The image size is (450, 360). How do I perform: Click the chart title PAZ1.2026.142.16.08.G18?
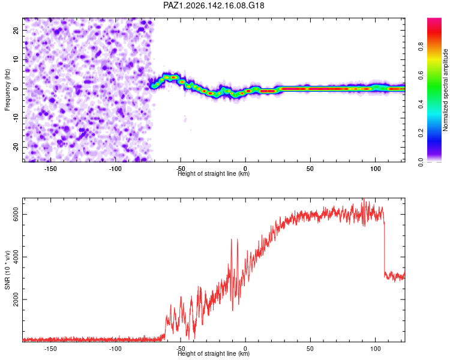[x=214, y=5]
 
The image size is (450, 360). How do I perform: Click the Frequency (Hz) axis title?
[x=7, y=89]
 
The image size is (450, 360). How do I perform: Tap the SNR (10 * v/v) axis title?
[x=7, y=270]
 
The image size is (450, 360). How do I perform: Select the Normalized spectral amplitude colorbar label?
[x=445, y=89]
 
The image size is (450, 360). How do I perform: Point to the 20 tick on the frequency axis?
[x=16, y=30]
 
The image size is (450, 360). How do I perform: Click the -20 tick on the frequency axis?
[x=16, y=147]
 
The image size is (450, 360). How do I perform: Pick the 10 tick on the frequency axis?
[x=16, y=59]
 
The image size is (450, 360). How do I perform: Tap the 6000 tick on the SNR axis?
[x=16, y=214]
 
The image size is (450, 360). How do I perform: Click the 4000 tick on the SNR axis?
[x=16, y=257]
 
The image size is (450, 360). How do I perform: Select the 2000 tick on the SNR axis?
[x=16, y=299]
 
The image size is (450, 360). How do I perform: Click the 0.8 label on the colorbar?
[x=421, y=46]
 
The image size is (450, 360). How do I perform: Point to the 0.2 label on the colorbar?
[x=421, y=133]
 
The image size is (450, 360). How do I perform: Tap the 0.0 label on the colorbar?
[x=421, y=162]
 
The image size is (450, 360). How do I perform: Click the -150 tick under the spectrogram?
[x=50, y=169]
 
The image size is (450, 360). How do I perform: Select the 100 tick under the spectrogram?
[x=376, y=169]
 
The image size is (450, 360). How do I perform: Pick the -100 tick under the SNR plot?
[x=115, y=349]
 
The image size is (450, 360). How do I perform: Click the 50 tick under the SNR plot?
[x=310, y=349]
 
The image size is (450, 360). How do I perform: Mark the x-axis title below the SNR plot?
[x=214, y=353]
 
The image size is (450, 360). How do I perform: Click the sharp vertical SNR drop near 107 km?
[x=384, y=248]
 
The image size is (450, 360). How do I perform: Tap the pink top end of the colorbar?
[x=434, y=20]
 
